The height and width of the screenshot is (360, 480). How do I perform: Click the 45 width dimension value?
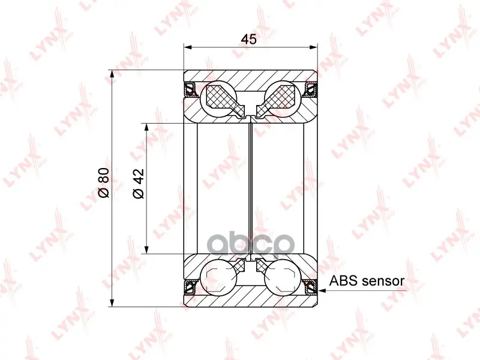point(248,39)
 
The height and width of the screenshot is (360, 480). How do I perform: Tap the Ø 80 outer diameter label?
point(104,182)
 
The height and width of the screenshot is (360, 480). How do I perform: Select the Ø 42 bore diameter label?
point(139,184)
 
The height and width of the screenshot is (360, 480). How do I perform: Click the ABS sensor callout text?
point(367,281)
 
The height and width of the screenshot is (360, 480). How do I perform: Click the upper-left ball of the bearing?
point(218,99)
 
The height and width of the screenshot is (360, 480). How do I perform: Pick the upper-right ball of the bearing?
point(283,99)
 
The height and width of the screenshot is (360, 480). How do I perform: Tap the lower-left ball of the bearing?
point(218,278)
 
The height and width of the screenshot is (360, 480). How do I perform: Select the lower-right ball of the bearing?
point(283,278)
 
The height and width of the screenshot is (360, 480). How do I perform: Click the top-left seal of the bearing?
point(190,89)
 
